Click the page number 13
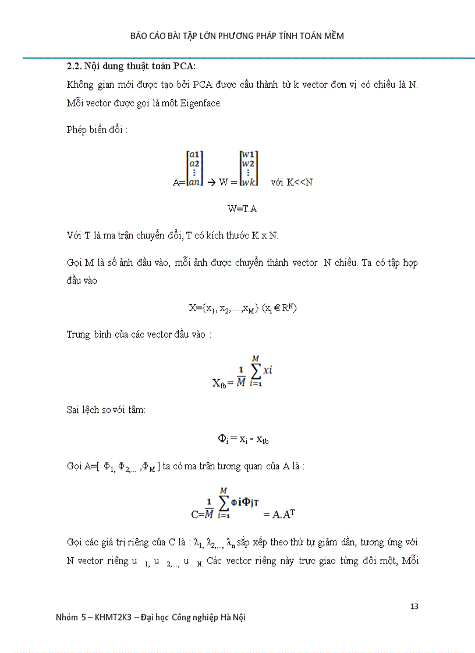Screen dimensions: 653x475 pos(414,606)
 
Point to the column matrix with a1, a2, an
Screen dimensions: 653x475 pos(194,168)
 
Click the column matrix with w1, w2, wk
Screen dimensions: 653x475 pos(249,168)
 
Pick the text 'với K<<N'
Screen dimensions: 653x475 pos(292,182)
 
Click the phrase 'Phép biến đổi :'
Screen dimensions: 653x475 pos(97,129)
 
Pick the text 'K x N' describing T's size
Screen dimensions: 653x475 pos(265,235)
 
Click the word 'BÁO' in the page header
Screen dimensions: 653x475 pos(140,36)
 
